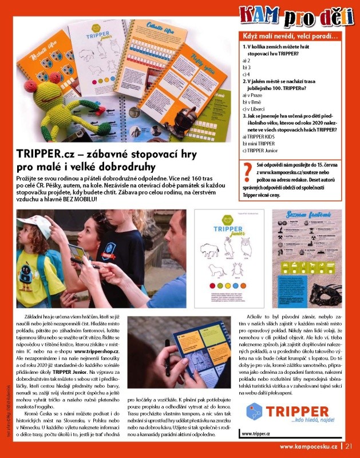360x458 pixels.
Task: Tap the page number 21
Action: click(x=349, y=447)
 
